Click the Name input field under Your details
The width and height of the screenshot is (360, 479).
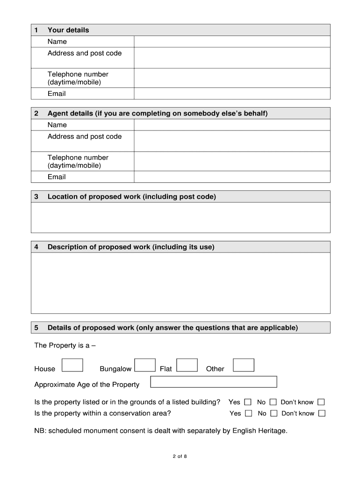click(232, 42)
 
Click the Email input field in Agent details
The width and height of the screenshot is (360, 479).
click(232, 177)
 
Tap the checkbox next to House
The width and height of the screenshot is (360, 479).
click(72, 365)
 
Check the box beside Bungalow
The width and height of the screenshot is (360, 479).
click(145, 365)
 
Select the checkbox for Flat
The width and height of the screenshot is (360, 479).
click(187, 365)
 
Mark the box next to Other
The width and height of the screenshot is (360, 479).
click(244, 365)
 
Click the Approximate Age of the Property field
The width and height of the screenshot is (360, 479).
click(214, 382)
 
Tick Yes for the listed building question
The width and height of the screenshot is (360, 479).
click(248, 402)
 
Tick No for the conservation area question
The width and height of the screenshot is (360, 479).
click(274, 413)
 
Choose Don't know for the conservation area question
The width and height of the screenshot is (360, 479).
click(322, 413)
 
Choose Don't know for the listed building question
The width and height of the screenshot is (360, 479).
click(321, 402)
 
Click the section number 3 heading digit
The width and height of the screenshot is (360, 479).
click(36, 197)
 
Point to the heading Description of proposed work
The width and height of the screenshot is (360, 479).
click(131, 247)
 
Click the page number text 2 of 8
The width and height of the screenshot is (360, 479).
click(180, 457)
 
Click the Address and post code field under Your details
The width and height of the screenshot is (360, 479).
click(232, 58)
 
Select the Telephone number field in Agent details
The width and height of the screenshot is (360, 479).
click(232, 161)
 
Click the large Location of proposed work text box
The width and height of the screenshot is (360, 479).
click(180, 218)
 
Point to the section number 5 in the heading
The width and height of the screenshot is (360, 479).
click(36, 328)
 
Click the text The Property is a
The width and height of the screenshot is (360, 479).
click(65, 346)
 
